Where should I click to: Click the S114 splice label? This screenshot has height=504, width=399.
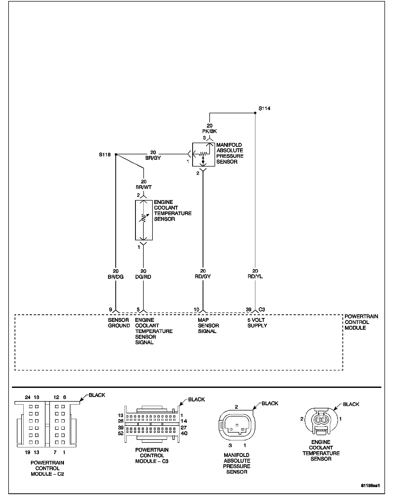pos(264,109)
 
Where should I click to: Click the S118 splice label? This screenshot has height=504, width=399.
pos(105,155)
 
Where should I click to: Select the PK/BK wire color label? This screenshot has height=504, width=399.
pos(209,131)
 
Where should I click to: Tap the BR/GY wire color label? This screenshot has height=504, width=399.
pos(153,158)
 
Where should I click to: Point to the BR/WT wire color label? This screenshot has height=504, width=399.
pos(143,187)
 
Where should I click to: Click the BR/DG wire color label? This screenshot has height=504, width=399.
pos(116,277)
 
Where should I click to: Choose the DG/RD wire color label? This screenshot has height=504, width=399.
pos(143,277)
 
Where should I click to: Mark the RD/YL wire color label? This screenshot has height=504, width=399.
pos(255,277)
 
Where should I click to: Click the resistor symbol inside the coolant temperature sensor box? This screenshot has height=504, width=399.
pos(143,218)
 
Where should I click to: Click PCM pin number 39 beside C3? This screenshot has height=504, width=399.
pos(249,310)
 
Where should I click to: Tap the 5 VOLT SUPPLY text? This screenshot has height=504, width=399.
pos(257,323)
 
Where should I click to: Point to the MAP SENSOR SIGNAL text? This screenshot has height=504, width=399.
pos(208,326)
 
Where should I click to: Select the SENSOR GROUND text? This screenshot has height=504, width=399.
pos(119,323)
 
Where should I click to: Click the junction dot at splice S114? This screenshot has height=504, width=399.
pos(255,113)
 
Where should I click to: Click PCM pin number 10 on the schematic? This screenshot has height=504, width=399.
pos(196,310)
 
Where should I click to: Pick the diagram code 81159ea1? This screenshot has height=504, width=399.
pos(370,486)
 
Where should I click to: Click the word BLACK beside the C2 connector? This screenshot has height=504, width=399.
pos(97,395)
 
